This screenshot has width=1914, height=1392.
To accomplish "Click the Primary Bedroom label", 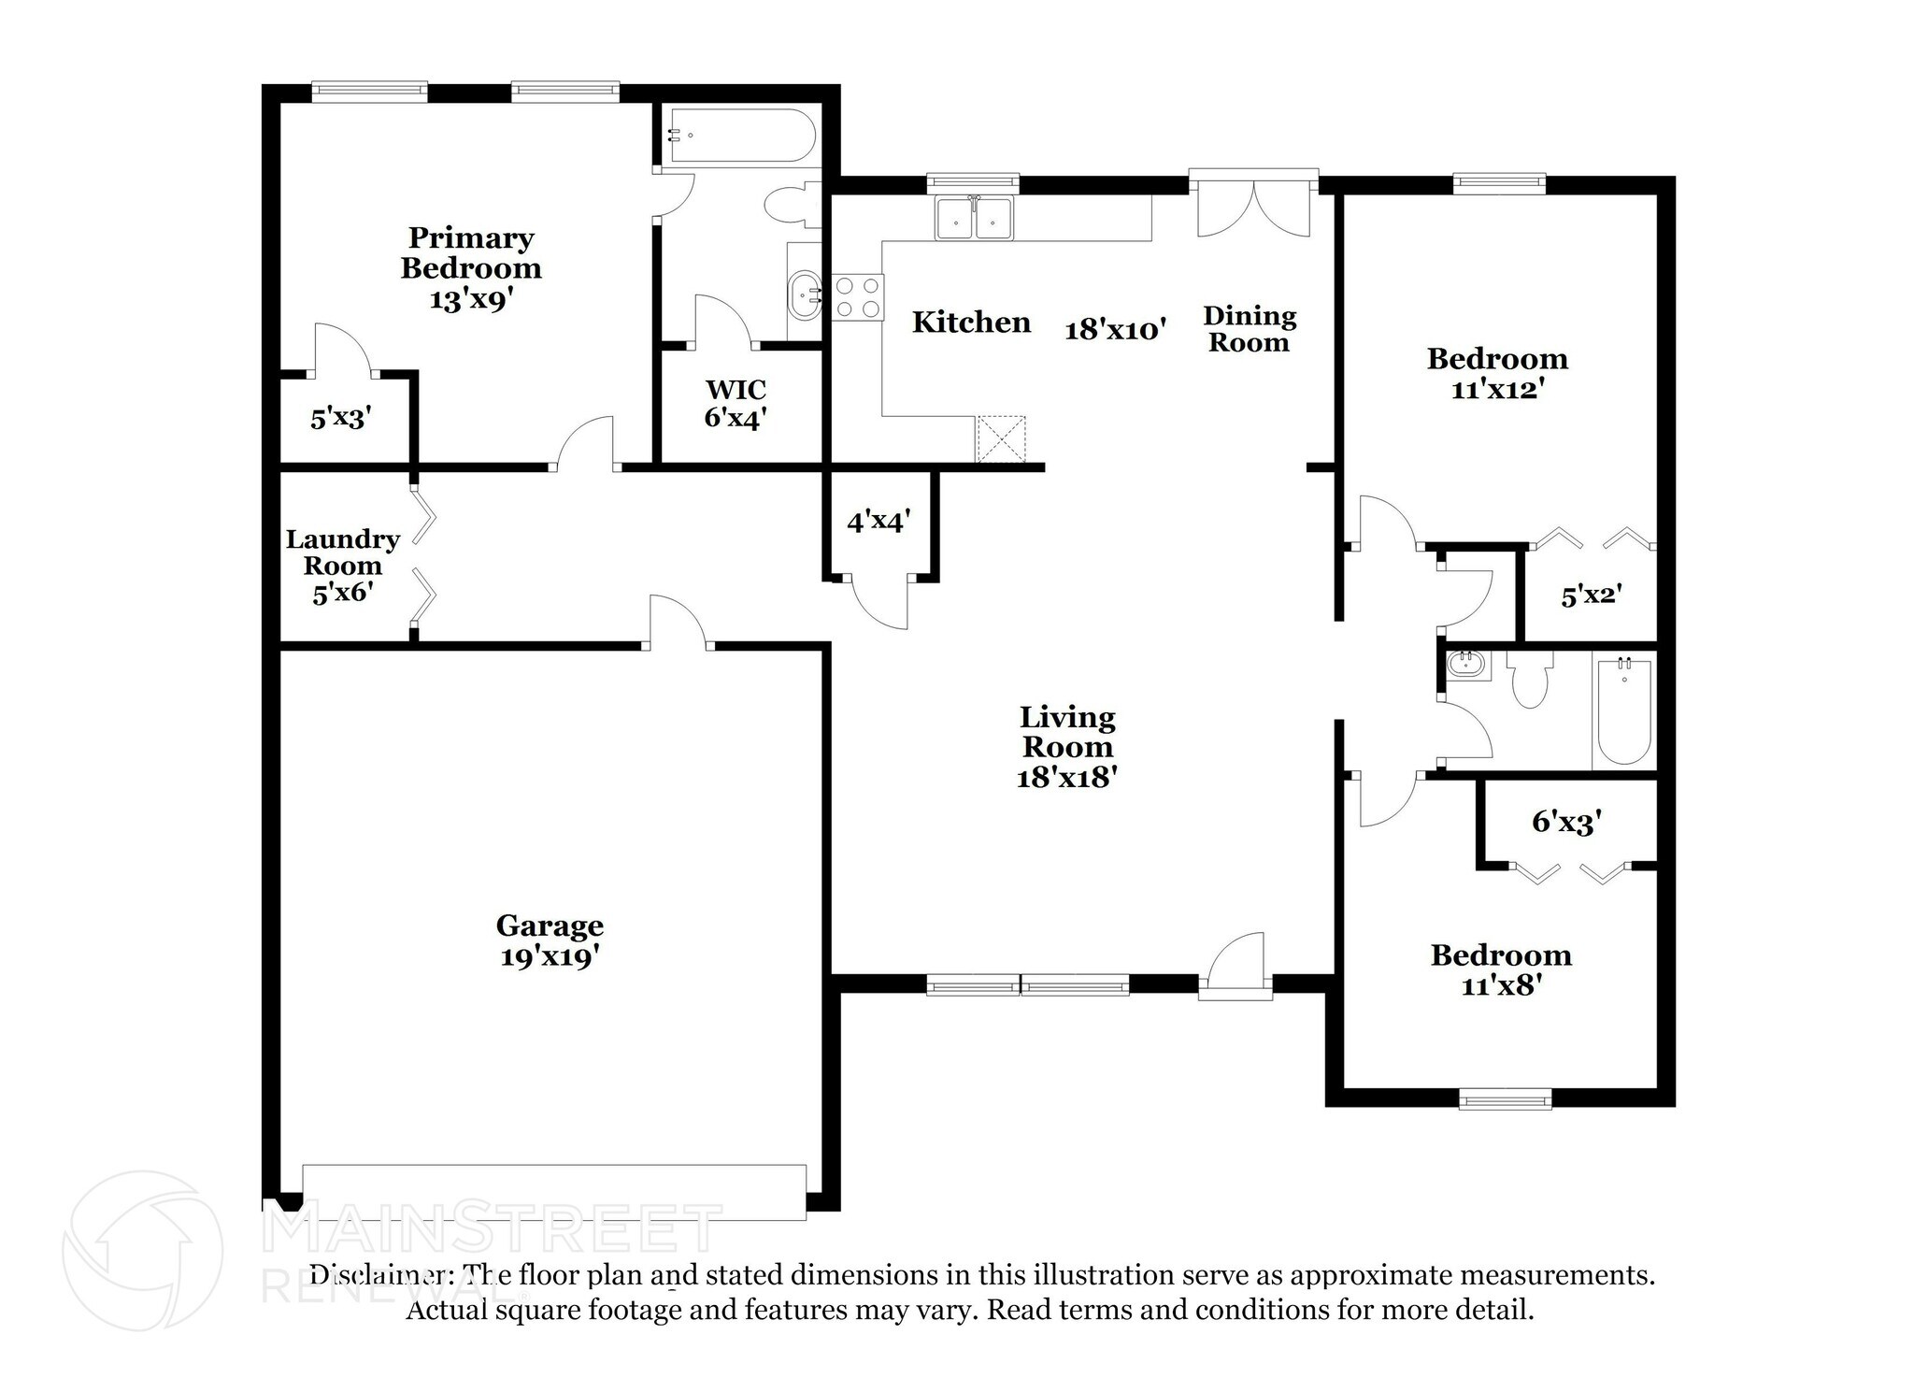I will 471,267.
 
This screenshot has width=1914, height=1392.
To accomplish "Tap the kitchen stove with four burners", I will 857,297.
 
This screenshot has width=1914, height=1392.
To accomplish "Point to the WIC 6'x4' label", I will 736,403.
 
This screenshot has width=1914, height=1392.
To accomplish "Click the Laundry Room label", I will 342,565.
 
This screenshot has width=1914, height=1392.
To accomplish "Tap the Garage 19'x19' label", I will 550,940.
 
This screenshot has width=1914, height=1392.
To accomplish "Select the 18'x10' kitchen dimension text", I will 1116,329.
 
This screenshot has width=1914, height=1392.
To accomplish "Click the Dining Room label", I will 1250,329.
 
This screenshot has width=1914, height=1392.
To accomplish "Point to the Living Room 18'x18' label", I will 1067,747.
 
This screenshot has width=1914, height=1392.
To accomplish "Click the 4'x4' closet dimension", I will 878,521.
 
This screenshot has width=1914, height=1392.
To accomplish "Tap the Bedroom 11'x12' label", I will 1496,373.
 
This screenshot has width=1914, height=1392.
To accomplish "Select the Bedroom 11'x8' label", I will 1501,969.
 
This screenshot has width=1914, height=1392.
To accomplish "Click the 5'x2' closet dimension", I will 1591,595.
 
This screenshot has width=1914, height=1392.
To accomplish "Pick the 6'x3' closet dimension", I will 1567,822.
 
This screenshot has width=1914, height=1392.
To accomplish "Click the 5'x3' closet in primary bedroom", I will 341,418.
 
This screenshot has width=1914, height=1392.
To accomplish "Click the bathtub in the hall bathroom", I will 1624,711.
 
